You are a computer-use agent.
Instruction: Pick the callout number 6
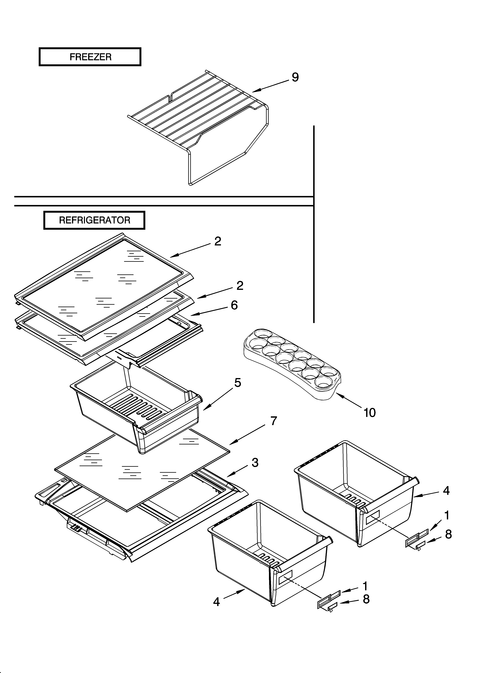tap(234, 305)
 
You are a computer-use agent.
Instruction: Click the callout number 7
tap(273, 421)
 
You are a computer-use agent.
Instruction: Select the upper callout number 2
tap(218, 242)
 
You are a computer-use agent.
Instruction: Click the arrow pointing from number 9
tap(270, 86)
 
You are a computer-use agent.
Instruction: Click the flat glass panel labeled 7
tap(142, 472)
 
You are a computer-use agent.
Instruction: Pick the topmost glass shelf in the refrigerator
tap(104, 285)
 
